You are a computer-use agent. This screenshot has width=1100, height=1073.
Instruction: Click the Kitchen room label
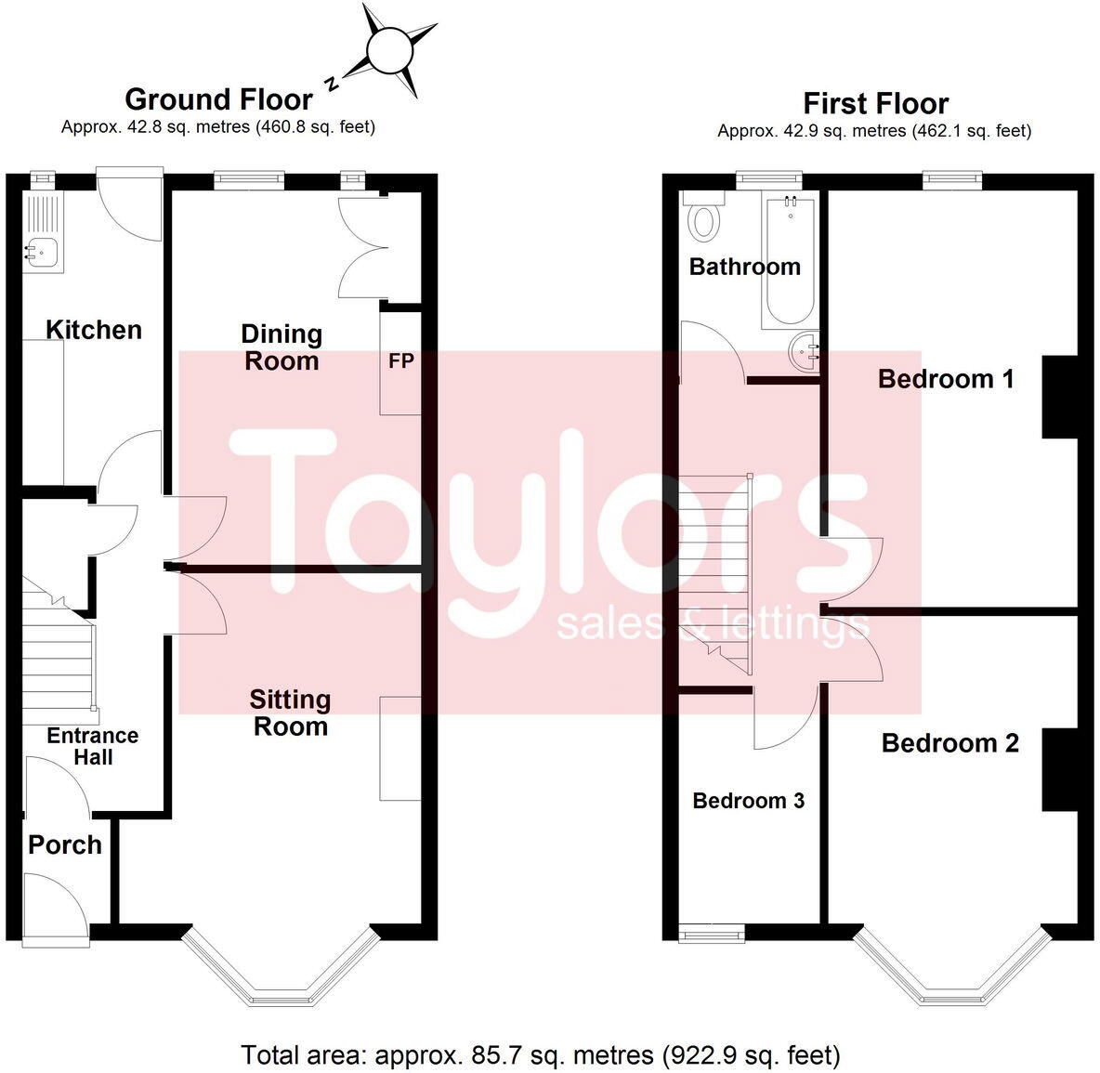[x=94, y=330]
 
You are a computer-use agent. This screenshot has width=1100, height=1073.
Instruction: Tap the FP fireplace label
[x=400, y=360]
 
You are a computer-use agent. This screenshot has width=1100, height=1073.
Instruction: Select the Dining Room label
[x=282, y=347]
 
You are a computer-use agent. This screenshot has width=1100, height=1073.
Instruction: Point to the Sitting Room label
[x=290, y=713]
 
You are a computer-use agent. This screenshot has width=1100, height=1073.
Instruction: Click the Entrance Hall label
[x=93, y=746]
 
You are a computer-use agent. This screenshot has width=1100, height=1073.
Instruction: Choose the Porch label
[x=65, y=844]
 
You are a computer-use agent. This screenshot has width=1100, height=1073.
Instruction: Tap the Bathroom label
[x=744, y=267]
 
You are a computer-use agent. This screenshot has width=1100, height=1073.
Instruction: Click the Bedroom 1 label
[x=945, y=379]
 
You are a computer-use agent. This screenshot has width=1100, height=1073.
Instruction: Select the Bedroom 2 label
[x=949, y=743]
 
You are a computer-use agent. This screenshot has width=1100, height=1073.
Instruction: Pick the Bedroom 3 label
[x=748, y=801]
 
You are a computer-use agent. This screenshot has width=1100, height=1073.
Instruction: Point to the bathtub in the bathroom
[x=790, y=260]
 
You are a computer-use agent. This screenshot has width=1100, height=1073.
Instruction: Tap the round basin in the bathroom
[x=805, y=350]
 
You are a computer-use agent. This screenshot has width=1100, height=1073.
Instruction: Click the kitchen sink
[x=42, y=249]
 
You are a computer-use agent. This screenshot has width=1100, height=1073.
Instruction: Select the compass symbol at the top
[x=387, y=50]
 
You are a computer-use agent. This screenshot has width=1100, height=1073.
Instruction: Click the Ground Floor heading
[x=218, y=99]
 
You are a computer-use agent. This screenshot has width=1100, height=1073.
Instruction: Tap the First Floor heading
[x=875, y=103]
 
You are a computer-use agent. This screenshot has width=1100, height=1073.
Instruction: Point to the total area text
[x=541, y=1054]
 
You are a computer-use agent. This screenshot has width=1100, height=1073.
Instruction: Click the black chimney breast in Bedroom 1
[x=1060, y=397]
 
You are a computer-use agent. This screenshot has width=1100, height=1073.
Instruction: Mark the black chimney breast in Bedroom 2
[x=1060, y=770]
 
